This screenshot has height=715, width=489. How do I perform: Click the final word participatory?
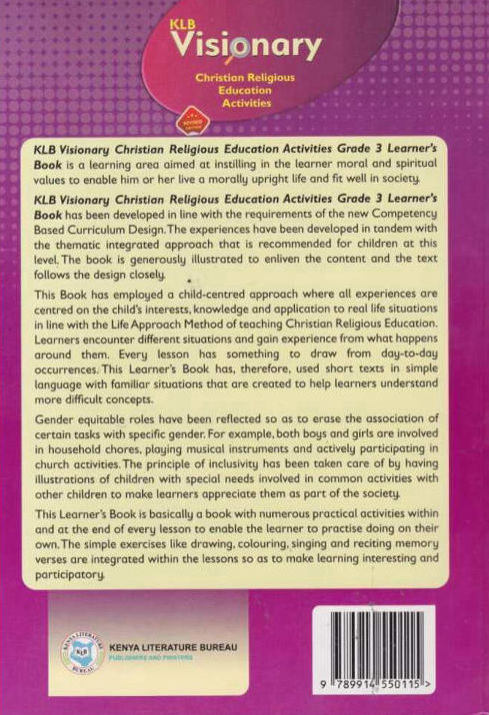[70, 576]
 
